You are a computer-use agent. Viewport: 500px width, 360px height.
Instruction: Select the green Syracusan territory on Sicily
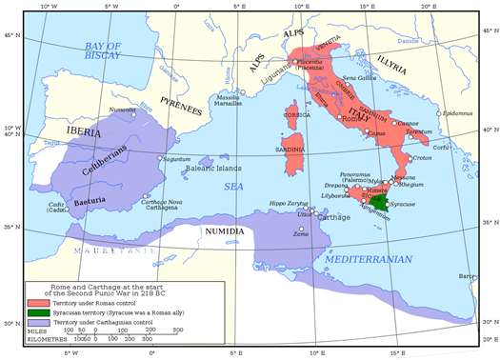[x=380, y=203]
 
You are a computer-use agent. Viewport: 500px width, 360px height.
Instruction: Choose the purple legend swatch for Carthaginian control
[x=37, y=324]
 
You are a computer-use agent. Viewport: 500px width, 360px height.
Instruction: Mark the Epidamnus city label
[x=459, y=113]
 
